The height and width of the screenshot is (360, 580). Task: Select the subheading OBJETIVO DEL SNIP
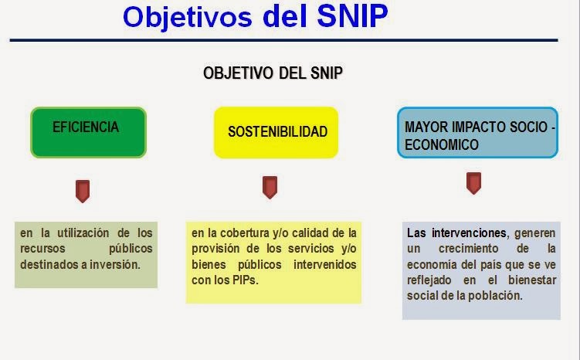[273, 73]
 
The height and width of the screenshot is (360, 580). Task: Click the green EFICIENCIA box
[88, 132]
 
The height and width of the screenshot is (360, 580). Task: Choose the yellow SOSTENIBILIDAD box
[276, 132]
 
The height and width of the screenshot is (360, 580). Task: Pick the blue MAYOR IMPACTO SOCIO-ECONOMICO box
[477, 132]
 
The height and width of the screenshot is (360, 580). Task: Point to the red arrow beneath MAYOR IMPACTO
[473, 183]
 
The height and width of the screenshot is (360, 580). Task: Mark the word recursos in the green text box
[44, 248]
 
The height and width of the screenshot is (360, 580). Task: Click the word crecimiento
[470, 248]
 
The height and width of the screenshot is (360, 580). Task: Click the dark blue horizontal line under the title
[283, 40]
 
